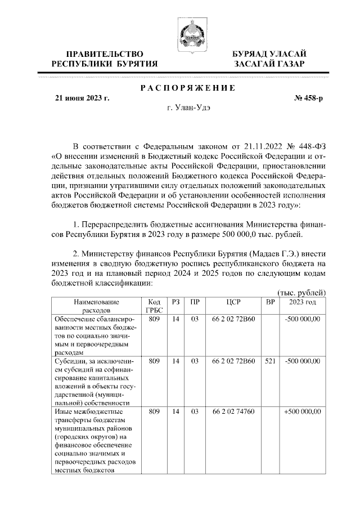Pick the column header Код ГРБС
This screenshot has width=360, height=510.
[x=154, y=306]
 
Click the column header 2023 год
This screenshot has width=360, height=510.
[x=303, y=302]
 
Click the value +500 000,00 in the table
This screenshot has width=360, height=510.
[x=302, y=411]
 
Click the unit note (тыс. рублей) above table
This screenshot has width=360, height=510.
[x=302, y=292]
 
